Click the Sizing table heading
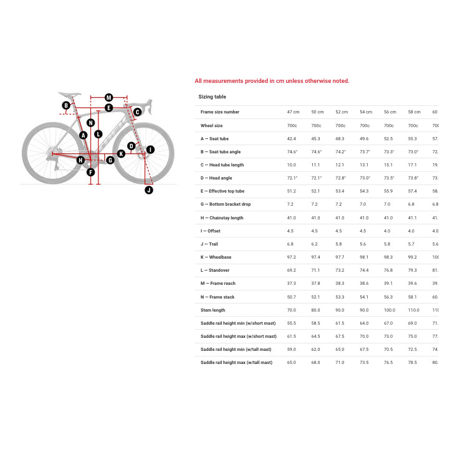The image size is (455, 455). pos(212,97)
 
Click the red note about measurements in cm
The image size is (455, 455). pos(272,81)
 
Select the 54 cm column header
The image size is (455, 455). pos(365,112)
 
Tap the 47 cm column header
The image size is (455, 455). pos(293,112)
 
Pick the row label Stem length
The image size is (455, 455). pos(213,310)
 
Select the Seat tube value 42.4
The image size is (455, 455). pos(291,138)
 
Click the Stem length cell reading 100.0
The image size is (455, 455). pos(390,310)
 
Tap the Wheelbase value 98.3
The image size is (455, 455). pos(388,257)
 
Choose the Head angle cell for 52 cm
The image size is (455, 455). pos(340,178)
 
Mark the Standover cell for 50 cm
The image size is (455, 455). pos(316,271)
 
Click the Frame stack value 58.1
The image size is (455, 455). pos(413,297)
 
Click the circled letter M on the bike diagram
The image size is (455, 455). pos(108,97)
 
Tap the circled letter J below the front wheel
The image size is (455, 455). pos(148,190)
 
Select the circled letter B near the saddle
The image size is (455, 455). pos(66,105)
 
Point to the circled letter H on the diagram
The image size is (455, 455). pos(80,160)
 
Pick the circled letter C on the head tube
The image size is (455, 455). pos(137,112)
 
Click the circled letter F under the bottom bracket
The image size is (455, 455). pos(90,173)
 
